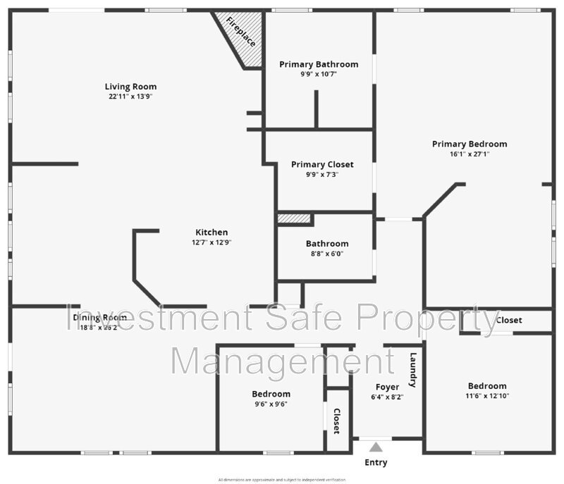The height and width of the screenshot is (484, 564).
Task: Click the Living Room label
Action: coord(131,87)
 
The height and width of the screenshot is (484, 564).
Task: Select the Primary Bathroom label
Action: coord(319,64)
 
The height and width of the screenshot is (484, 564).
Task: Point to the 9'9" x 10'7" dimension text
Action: coord(319,74)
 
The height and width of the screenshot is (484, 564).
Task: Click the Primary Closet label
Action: coord(322,164)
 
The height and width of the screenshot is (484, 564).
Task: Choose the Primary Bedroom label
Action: coord(470,144)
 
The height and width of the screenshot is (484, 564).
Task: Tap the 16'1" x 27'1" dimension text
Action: coord(470,154)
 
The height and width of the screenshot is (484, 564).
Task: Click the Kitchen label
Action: coord(211,232)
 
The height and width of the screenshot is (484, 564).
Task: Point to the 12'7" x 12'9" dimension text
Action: coord(211,242)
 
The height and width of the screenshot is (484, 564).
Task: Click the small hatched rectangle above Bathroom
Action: coord(294,219)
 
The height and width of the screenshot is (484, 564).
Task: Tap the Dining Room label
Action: coord(100,317)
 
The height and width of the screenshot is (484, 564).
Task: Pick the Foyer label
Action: coord(387,387)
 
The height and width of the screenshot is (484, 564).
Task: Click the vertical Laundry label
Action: coord(414,370)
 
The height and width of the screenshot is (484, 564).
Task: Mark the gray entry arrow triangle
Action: coord(376,447)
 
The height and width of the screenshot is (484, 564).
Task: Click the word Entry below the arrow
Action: coord(376,463)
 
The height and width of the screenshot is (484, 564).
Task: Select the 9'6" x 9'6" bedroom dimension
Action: coord(271,404)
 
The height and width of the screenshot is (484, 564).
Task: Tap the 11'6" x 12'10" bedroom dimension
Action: coord(487,396)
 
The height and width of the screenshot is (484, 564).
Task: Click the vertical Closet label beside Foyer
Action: coord(337,421)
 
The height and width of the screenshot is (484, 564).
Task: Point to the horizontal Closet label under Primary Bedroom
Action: coord(509,320)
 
